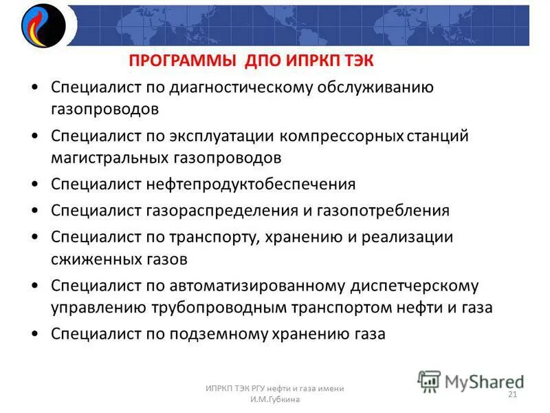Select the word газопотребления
pos(385,211)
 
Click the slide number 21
pos(512,394)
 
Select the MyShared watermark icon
pos(429,381)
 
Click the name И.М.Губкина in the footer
pos(275,400)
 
